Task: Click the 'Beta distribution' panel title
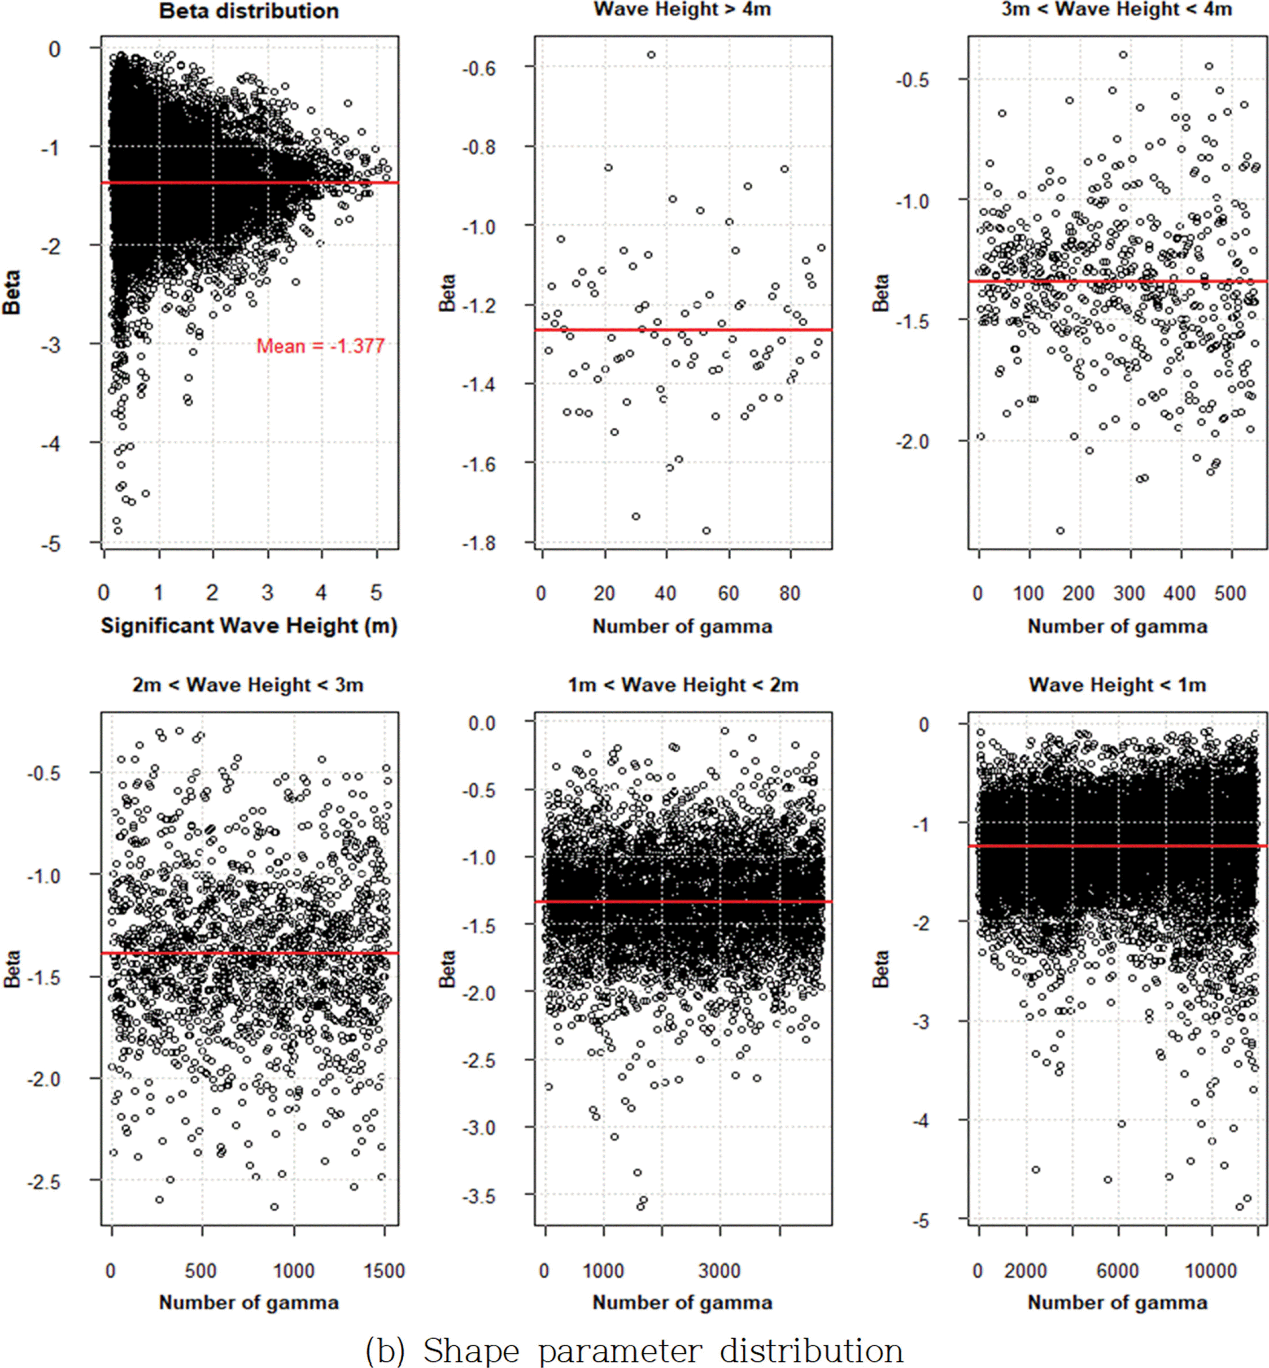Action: [249, 11]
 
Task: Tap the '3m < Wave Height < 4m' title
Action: [1116, 9]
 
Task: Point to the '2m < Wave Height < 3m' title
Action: [248, 685]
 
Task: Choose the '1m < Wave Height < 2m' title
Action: [683, 685]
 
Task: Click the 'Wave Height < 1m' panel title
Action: [1116, 685]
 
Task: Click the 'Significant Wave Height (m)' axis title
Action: [249, 626]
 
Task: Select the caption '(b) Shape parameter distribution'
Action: [634, 1350]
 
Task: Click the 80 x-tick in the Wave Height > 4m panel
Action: [789, 593]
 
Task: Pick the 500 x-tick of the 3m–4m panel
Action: [1230, 593]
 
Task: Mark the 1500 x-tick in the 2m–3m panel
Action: [384, 1271]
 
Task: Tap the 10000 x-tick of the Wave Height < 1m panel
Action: [1211, 1271]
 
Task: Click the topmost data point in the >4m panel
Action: [651, 55]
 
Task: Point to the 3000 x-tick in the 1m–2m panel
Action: [720, 1271]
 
